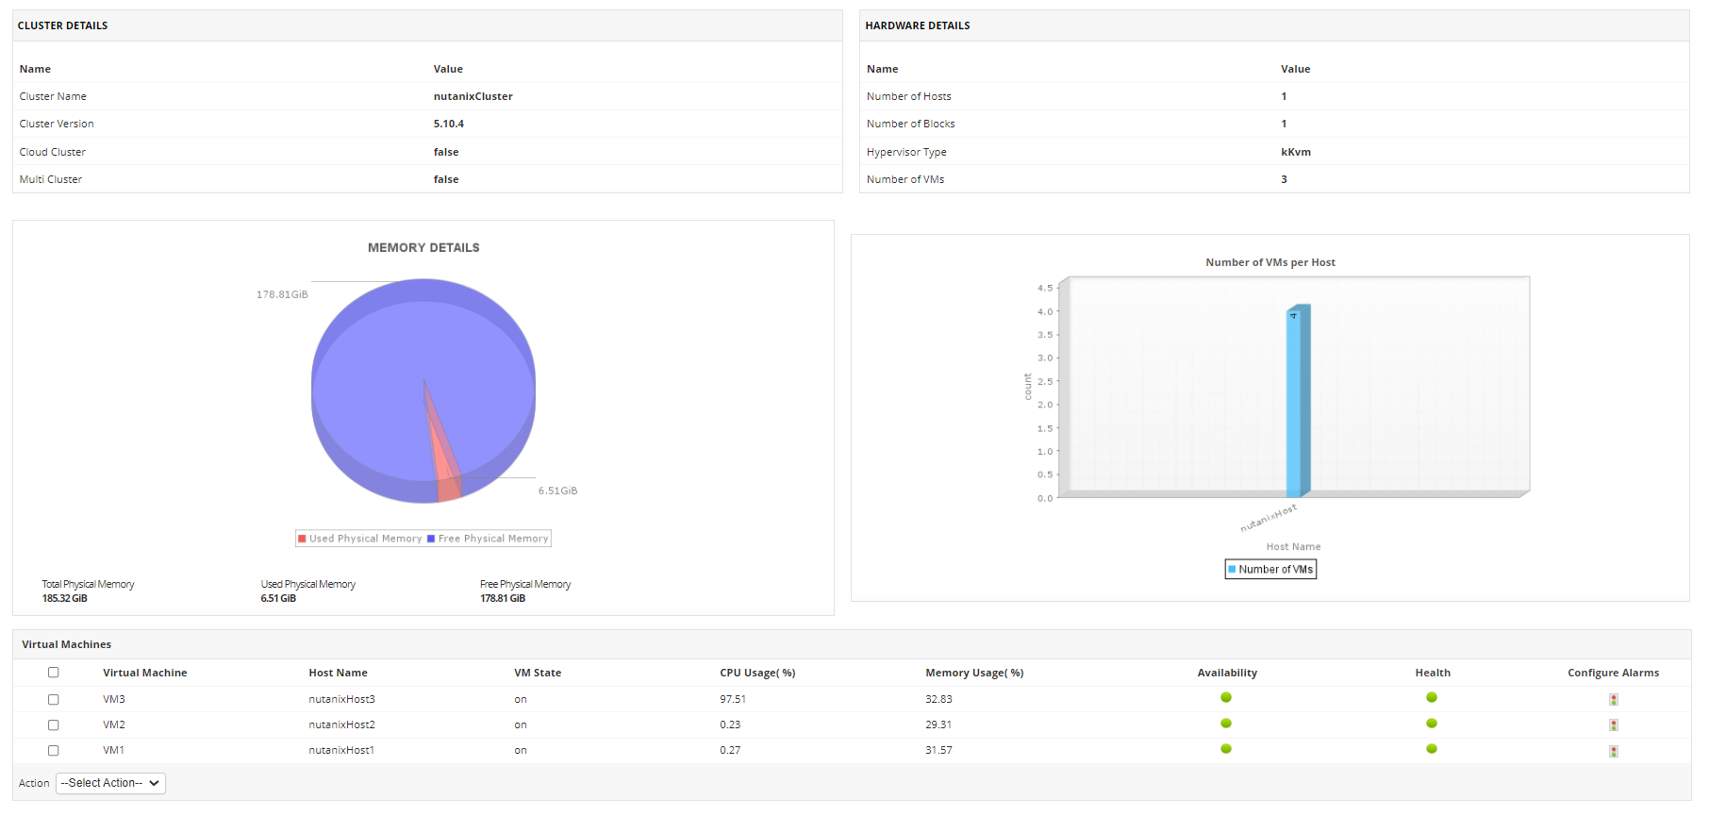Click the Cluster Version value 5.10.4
[448, 124]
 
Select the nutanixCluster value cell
[473, 96]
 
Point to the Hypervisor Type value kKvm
[1295, 152]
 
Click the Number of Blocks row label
[910, 124]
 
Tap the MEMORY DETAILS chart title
[423, 247]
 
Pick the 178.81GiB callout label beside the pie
[282, 294]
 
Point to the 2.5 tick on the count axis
[1045, 381]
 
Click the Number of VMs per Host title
[1269, 262]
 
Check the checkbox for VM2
[54, 724]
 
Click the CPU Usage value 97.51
[733, 699]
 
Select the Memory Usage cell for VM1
[938, 750]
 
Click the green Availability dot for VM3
[1226, 698]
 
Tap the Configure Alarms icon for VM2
[1613, 724]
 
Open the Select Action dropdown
[110, 783]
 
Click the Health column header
[1432, 673]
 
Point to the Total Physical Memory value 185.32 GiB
[65, 598]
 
